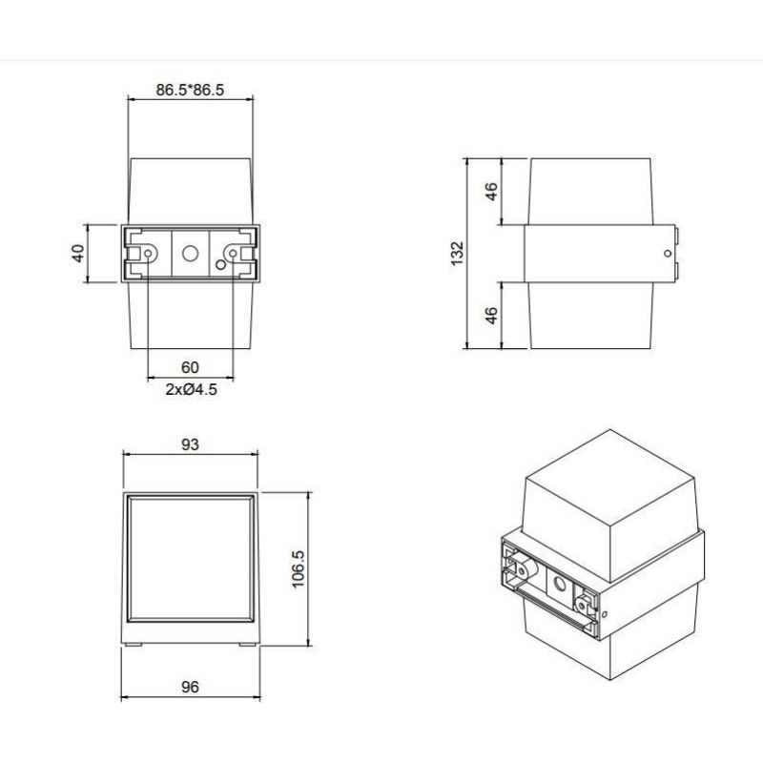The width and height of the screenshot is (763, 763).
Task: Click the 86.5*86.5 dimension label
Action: tap(190, 91)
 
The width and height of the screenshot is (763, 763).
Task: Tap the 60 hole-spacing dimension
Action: tap(190, 367)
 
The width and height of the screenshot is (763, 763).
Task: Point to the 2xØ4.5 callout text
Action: tap(190, 389)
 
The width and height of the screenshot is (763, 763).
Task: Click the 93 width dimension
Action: tap(190, 445)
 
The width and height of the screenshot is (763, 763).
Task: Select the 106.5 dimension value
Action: tap(299, 569)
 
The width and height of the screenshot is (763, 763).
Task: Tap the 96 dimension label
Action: tap(190, 688)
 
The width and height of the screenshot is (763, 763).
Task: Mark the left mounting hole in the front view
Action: tap(148, 254)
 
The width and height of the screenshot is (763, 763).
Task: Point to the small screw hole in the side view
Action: tap(666, 254)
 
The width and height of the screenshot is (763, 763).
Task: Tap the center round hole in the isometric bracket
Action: tap(558, 582)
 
